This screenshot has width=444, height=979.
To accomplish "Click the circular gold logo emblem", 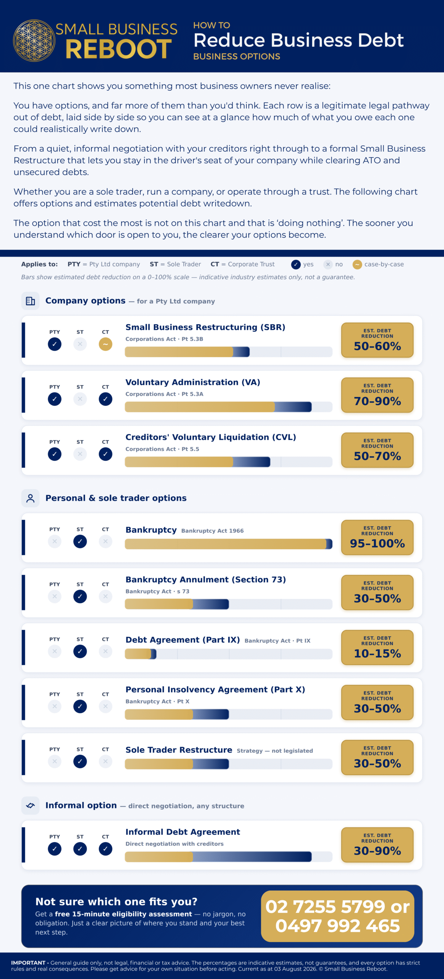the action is pyautogui.click(x=34, y=41).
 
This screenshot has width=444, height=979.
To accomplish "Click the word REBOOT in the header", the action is pyautogui.click(x=118, y=49).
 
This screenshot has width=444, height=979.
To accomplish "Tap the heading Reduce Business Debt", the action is pyautogui.click(x=298, y=40).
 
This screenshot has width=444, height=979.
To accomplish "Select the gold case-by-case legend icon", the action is pyautogui.click(x=357, y=264).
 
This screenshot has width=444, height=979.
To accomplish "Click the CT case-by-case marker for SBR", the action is pyautogui.click(x=105, y=344).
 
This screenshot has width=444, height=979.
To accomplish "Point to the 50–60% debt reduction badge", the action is pyautogui.click(x=377, y=340).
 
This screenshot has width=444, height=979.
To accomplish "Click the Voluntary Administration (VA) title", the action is pyautogui.click(x=193, y=382).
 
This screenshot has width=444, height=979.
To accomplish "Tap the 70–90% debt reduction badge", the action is pyautogui.click(x=377, y=395).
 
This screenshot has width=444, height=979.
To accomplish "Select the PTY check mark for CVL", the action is pyautogui.click(x=55, y=454).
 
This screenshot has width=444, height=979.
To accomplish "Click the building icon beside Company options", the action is pyautogui.click(x=31, y=301).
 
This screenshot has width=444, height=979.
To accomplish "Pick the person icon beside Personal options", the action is pyautogui.click(x=31, y=498).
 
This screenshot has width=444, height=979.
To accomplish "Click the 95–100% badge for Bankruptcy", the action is pyautogui.click(x=377, y=537).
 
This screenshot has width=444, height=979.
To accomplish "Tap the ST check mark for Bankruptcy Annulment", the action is pyautogui.click(x=80, y=597).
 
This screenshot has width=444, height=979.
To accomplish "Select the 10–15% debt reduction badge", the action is pyautogui.click(x=377, y=647).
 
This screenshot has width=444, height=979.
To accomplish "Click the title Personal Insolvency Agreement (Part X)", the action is pyautogui.click(x=215, y=690).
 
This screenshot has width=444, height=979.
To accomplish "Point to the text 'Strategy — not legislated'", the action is pyautogui.click(x=275, y=751).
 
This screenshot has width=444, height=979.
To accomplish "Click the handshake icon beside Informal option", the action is pyautogui.click(x=31, y=806).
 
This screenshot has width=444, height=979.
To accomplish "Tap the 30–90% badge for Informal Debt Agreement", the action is pyautogui.click(x=377, y=845).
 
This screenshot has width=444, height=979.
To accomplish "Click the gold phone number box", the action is pyautogui.click(x=337, y=916).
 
